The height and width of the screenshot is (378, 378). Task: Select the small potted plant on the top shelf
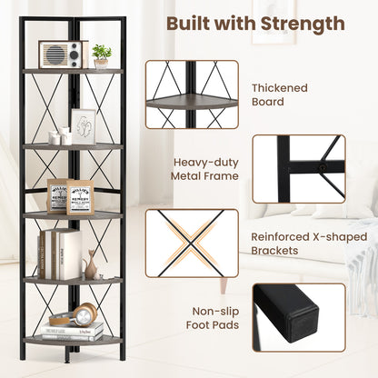[x=102, y=55]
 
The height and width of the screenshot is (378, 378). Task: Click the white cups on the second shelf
[x=60, y=137]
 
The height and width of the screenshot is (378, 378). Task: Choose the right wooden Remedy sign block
[x=81, y=196]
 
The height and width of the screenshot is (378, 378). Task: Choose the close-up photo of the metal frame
[x=298, y=168]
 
